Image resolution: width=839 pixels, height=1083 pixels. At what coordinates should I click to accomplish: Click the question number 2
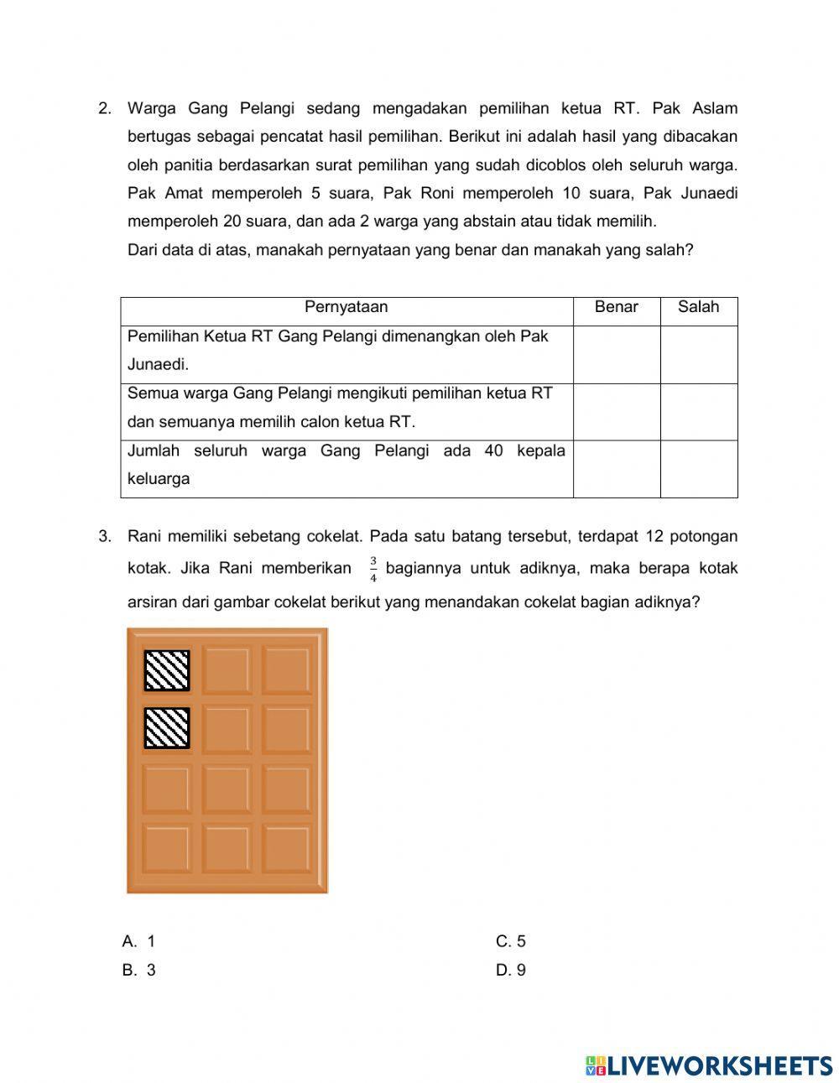click(104, 108)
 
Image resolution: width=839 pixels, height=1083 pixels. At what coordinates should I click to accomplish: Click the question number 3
click(104, 536)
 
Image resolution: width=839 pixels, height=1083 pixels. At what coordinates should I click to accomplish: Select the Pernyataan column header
click(346, 307)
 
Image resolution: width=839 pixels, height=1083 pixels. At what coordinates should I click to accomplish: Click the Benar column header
click(616, 307)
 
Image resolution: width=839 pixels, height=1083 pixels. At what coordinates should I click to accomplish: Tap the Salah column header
click(698, 307)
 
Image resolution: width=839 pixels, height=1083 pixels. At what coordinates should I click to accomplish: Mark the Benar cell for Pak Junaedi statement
click(616, 354)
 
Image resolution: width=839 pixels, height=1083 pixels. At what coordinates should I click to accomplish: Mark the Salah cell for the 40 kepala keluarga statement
click(698, 469)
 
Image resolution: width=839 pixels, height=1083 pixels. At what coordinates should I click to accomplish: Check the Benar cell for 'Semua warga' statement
click(616, 412)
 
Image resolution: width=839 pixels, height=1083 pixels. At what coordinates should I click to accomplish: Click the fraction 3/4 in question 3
click(373, 569)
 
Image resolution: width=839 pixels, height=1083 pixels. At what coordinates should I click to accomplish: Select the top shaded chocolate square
click(167, 670)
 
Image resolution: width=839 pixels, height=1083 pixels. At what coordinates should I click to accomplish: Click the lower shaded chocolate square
click(167, 727)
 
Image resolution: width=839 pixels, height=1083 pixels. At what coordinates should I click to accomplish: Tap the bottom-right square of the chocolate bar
click(285, 847)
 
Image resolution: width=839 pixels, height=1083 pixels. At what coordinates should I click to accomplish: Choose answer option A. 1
click(139, 941)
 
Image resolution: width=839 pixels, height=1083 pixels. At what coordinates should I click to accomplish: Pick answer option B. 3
click(139, 970)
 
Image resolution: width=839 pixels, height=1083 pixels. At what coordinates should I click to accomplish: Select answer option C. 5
click(510, 941)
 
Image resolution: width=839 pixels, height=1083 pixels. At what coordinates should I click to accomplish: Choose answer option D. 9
click(510, 970)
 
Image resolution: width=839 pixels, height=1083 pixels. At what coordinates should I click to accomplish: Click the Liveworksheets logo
click(709, 1065)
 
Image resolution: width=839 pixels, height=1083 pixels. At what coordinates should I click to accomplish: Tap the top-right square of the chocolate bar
click(285, 670)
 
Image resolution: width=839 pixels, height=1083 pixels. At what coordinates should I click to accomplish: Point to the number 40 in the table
click(493, 451)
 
